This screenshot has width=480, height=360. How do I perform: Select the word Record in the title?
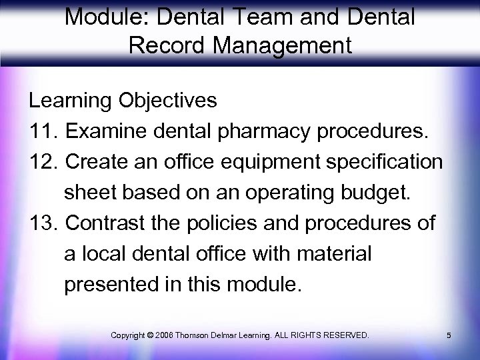(x=155, y=47)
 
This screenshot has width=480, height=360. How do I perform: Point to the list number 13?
(x=43, y=223)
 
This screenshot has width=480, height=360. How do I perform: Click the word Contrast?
(x=108, y=223)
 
